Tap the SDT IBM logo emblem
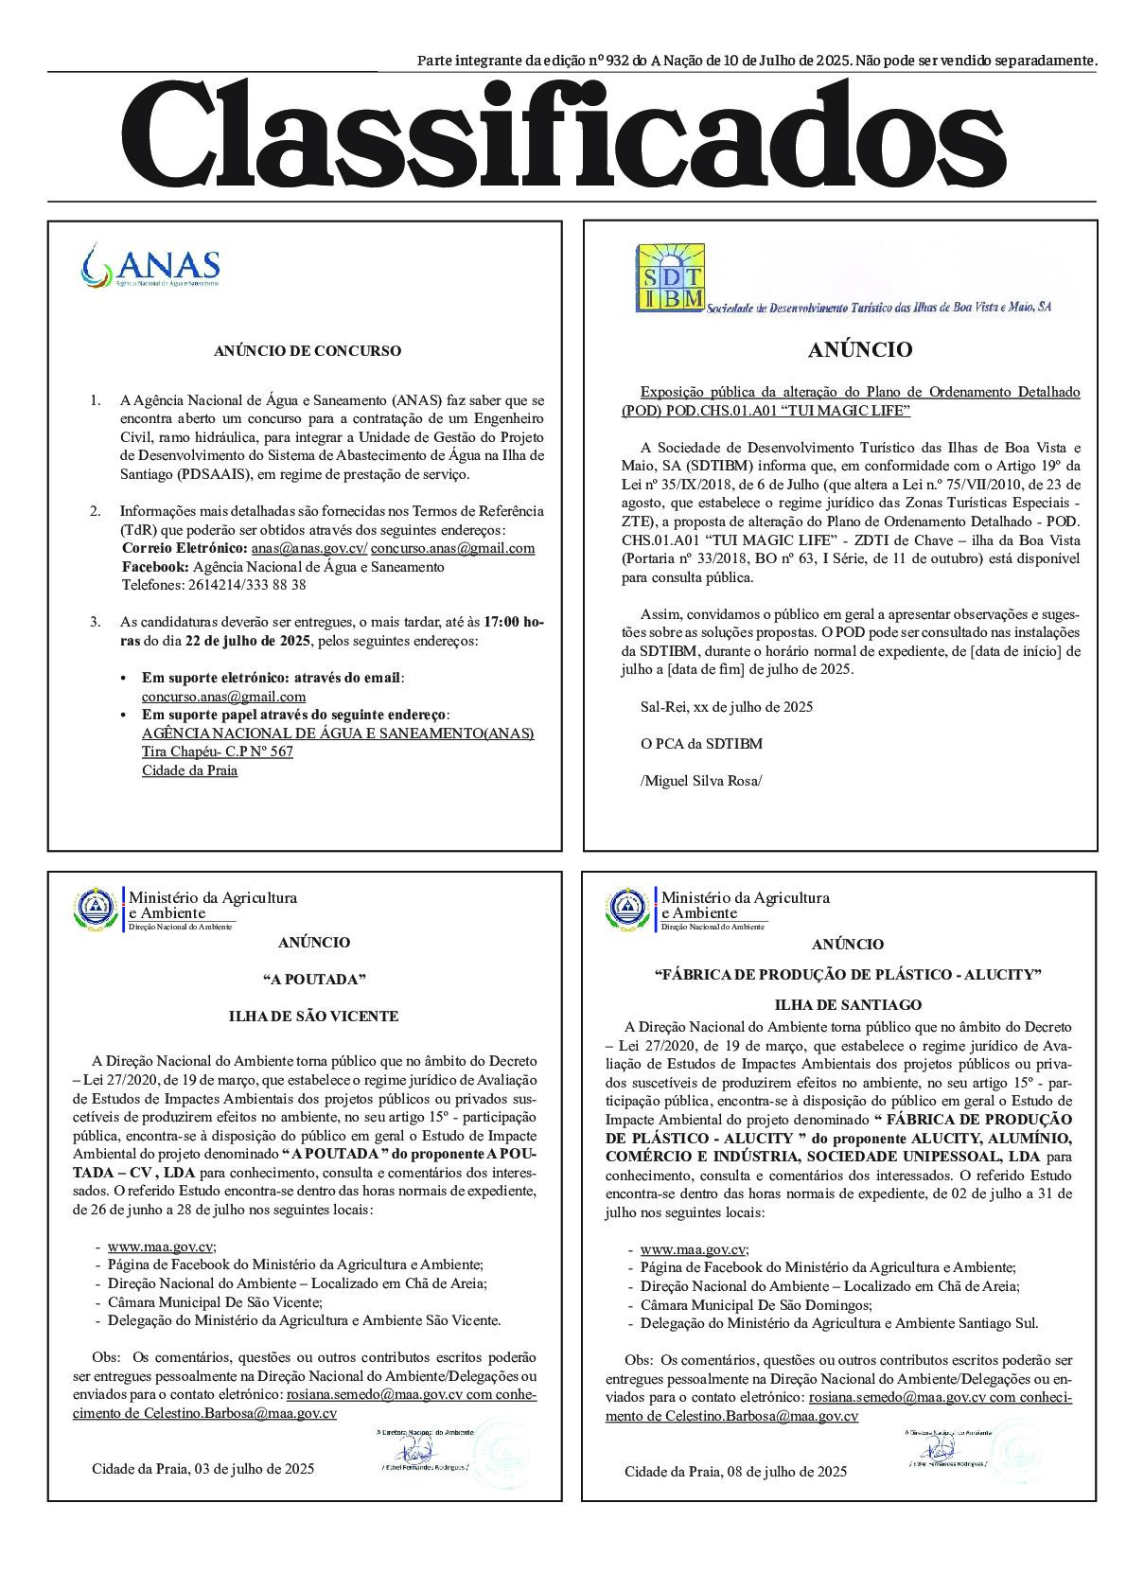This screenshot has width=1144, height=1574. (x=670, y=277)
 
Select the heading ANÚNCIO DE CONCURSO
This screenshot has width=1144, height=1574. (x=307, y=351)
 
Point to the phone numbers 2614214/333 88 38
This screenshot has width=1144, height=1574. (x=215, y=585)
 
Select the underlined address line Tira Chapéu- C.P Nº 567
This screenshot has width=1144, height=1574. (x=218, y=752)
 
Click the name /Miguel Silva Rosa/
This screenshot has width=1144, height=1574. (x=701, y=781)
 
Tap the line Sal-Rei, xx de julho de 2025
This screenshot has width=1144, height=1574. (x=726, y=707)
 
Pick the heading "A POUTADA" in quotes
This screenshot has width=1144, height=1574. (x=313, y=980)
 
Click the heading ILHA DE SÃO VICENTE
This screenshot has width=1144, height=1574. (x=313, y=1017)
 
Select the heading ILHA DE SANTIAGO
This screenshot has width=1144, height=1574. (x=848, y=1005)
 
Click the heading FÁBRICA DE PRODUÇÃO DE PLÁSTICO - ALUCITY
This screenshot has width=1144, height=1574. (x=848, y=975)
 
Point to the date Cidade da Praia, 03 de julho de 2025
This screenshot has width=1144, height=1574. (x=202, y=1469)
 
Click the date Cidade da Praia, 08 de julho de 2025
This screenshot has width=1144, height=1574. (x=735, y=1472)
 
